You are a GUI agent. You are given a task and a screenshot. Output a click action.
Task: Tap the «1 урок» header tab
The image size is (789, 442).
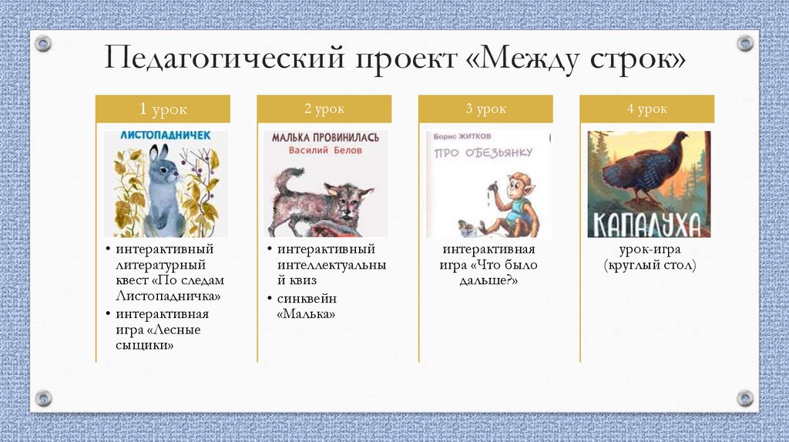pos(163,109)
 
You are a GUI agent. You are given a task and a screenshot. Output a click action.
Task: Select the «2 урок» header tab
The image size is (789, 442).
pos(324,109)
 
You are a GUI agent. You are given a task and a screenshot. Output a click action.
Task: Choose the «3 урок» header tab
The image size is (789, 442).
pos(485,109)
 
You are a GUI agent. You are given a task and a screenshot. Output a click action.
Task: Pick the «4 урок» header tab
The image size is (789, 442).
pos(646,109)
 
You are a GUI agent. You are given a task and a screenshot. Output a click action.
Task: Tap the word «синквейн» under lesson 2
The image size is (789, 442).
pos(307,298)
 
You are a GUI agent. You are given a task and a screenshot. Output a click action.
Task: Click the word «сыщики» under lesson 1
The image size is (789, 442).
pos(144,346)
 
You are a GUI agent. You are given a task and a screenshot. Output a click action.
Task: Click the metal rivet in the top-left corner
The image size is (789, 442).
pos(43,43)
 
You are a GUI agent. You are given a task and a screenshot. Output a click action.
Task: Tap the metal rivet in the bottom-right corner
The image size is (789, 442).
pos(745,398)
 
